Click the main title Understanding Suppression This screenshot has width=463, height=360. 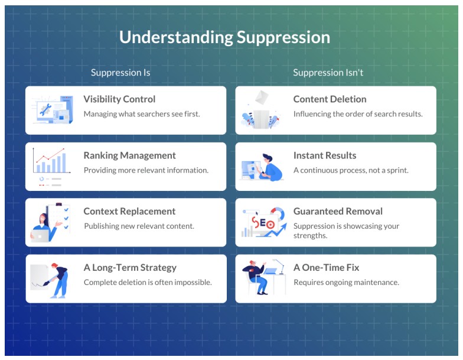[x=224, y=37]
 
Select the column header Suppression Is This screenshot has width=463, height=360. [x=120, y=73]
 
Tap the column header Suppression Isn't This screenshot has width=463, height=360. [x=328, y=73]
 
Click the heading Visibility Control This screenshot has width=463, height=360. [x=119, y=99]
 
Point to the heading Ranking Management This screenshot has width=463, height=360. [x=129, y=155]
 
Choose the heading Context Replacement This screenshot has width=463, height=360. [x=129, y=211]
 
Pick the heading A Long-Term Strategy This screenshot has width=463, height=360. [x=130, y=267]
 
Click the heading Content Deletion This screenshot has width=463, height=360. [x=330, y=99]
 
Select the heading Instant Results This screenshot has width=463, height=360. [x=325, y=155]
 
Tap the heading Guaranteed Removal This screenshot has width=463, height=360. [x=338, y=211]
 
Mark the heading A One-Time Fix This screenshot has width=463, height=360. [x=326, y=267]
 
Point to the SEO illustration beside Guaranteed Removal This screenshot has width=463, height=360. [x=263, y=223]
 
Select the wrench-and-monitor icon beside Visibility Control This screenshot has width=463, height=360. [x=51, y=110]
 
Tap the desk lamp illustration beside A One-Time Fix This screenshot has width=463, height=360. [x=263, y=278]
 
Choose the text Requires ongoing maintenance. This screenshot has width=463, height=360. [x=346, y=282]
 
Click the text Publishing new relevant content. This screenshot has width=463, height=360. [x=139, y=226]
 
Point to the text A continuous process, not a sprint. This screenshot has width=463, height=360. [x=351, y=170]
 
